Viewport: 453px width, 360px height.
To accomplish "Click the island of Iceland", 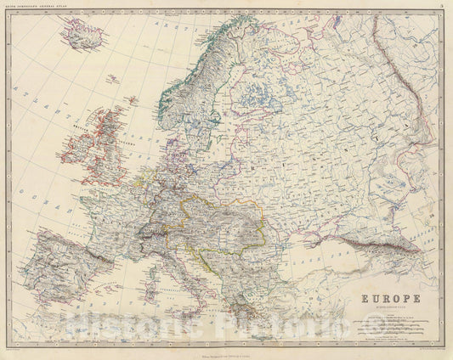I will pyautogui.click(x=82, y=36).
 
